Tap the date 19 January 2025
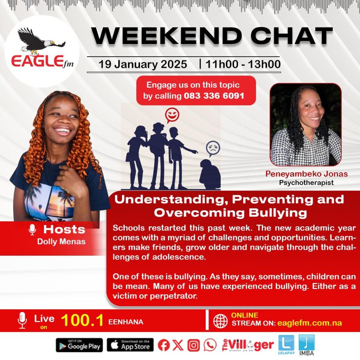click(143, 64)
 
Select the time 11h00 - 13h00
click(243, 64)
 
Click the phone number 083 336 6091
click(214, 96)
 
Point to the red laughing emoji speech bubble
click(172, 115)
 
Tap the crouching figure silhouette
click(210, 174)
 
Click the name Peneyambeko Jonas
click(307, 174)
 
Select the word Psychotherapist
click(306, 183)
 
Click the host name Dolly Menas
click(61, 242)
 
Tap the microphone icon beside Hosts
click(32, 230)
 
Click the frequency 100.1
click(82, 320)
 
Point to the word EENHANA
click(126, 322)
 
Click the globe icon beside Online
click(220, 321)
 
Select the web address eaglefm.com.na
click(309, 323)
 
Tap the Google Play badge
click(79, 345)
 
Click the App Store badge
click(130, 345)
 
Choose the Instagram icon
click(194, 345)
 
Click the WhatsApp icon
click(210, 345)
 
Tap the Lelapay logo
click(286, 345)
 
